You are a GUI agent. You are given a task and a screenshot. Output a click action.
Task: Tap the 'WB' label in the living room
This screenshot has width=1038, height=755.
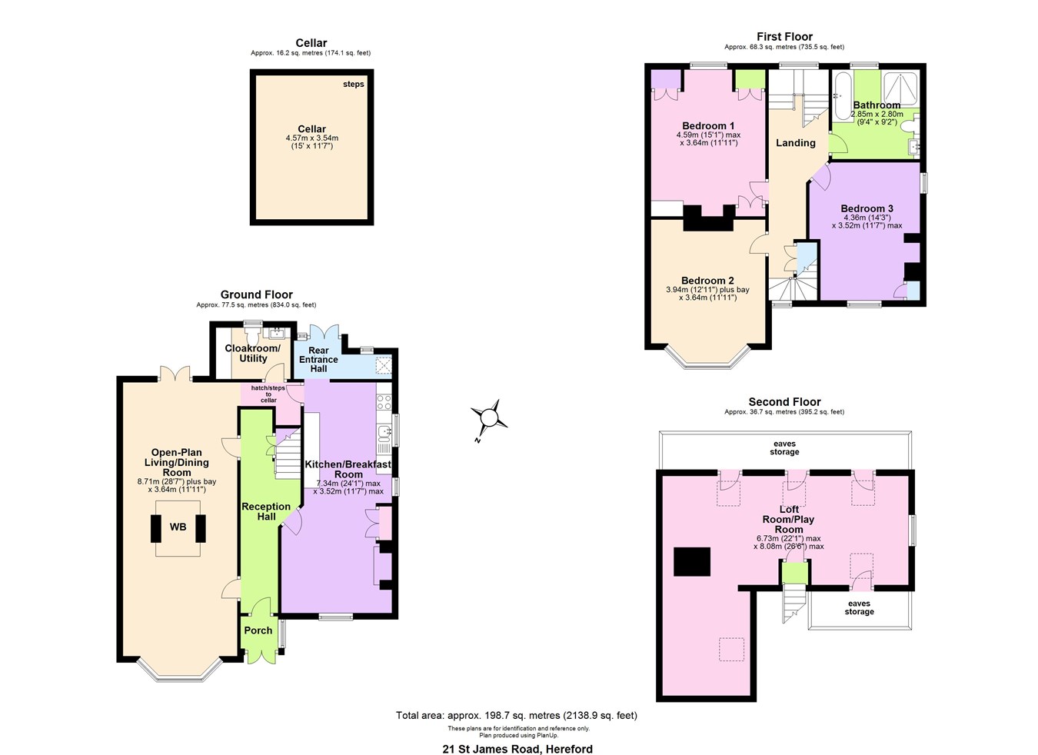[178, 527]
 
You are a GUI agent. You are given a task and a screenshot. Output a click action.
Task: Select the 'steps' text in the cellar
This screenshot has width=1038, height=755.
[354, 84]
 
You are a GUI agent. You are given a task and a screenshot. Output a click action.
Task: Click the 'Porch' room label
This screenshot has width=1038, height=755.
[258, 630]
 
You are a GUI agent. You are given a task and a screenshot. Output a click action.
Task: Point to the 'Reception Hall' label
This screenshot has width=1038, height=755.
[266, 511]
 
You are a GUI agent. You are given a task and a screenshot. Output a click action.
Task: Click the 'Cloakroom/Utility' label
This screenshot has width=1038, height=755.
[253, 354]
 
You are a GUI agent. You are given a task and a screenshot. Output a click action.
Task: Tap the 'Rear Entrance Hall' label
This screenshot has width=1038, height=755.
[318, 360]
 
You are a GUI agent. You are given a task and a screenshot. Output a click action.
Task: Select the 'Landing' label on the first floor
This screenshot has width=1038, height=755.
[795, 143]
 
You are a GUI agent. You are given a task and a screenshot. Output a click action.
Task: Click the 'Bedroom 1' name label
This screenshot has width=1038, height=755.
[708, 126]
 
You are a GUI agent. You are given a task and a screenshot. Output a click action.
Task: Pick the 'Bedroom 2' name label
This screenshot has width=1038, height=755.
[707, 281]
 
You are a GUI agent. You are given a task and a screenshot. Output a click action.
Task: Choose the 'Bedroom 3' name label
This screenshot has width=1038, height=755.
[867, 208]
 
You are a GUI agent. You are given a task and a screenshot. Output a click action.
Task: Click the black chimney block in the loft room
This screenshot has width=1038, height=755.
[692, 561]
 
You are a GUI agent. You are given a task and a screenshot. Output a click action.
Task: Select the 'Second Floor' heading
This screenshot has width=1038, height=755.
[784, 402]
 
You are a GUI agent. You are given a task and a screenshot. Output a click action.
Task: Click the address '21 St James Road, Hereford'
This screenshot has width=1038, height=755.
[517, 749]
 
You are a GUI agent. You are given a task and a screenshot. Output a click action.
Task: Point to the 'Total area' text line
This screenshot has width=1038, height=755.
[517, 716]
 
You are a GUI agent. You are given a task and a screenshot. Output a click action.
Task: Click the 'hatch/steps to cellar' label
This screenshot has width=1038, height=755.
[268, 394]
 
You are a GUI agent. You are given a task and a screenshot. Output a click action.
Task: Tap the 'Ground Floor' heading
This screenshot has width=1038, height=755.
[256, 294]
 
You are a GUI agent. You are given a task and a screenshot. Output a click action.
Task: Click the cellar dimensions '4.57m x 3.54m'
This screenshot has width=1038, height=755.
[311, 138]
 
